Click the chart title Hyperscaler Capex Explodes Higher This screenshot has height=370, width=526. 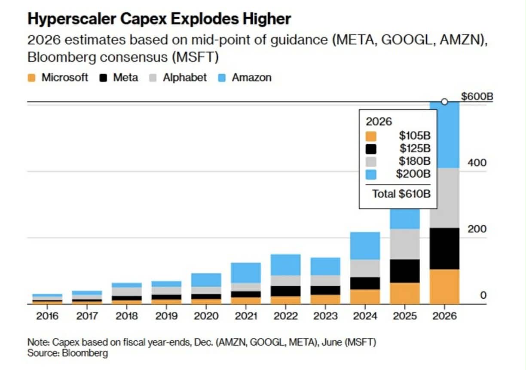(x=159, y=19)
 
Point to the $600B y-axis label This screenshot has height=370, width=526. (x=477, y=96)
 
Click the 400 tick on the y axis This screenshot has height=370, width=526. (x=477, y=163)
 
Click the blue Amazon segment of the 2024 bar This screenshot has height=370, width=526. (x=365, y=246)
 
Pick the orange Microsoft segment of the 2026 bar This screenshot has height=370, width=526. (x=444, y=287)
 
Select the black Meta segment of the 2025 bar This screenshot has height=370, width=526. (x=405, y=271)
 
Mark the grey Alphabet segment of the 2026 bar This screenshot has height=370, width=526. (x=444, y=197)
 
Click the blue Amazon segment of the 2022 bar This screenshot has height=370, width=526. (x=285, y=264)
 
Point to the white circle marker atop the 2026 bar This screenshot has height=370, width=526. (x=445, y=102)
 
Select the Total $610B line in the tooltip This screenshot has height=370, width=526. (x=401, y=194)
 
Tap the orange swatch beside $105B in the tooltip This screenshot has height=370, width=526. (x=371, y=136)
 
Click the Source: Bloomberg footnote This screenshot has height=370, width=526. (x=68, y=353)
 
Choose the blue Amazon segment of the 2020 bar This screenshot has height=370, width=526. (x=206, y=279)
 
